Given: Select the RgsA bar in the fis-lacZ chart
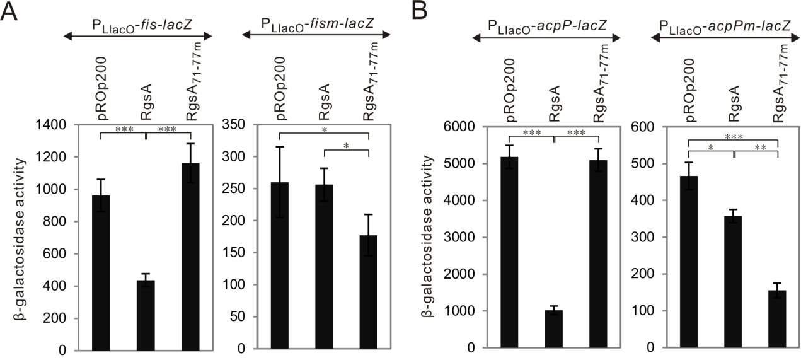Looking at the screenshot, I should point(146,315).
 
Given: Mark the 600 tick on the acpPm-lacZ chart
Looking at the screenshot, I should point(650,127).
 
